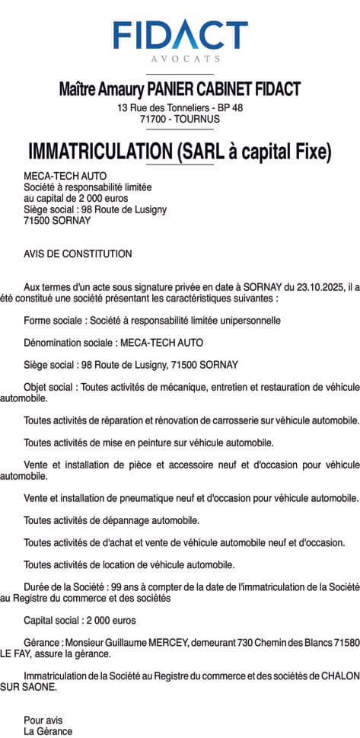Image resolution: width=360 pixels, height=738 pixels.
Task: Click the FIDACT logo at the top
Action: point(180,35)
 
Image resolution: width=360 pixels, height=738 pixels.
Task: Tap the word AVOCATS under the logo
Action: point(180,58)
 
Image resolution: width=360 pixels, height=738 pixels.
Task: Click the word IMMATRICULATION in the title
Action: point(100,152)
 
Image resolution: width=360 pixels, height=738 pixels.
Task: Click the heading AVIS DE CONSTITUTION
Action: point(78,254)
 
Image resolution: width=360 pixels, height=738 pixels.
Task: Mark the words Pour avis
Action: point(43,720)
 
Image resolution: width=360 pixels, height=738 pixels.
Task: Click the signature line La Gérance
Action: point(48,731)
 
